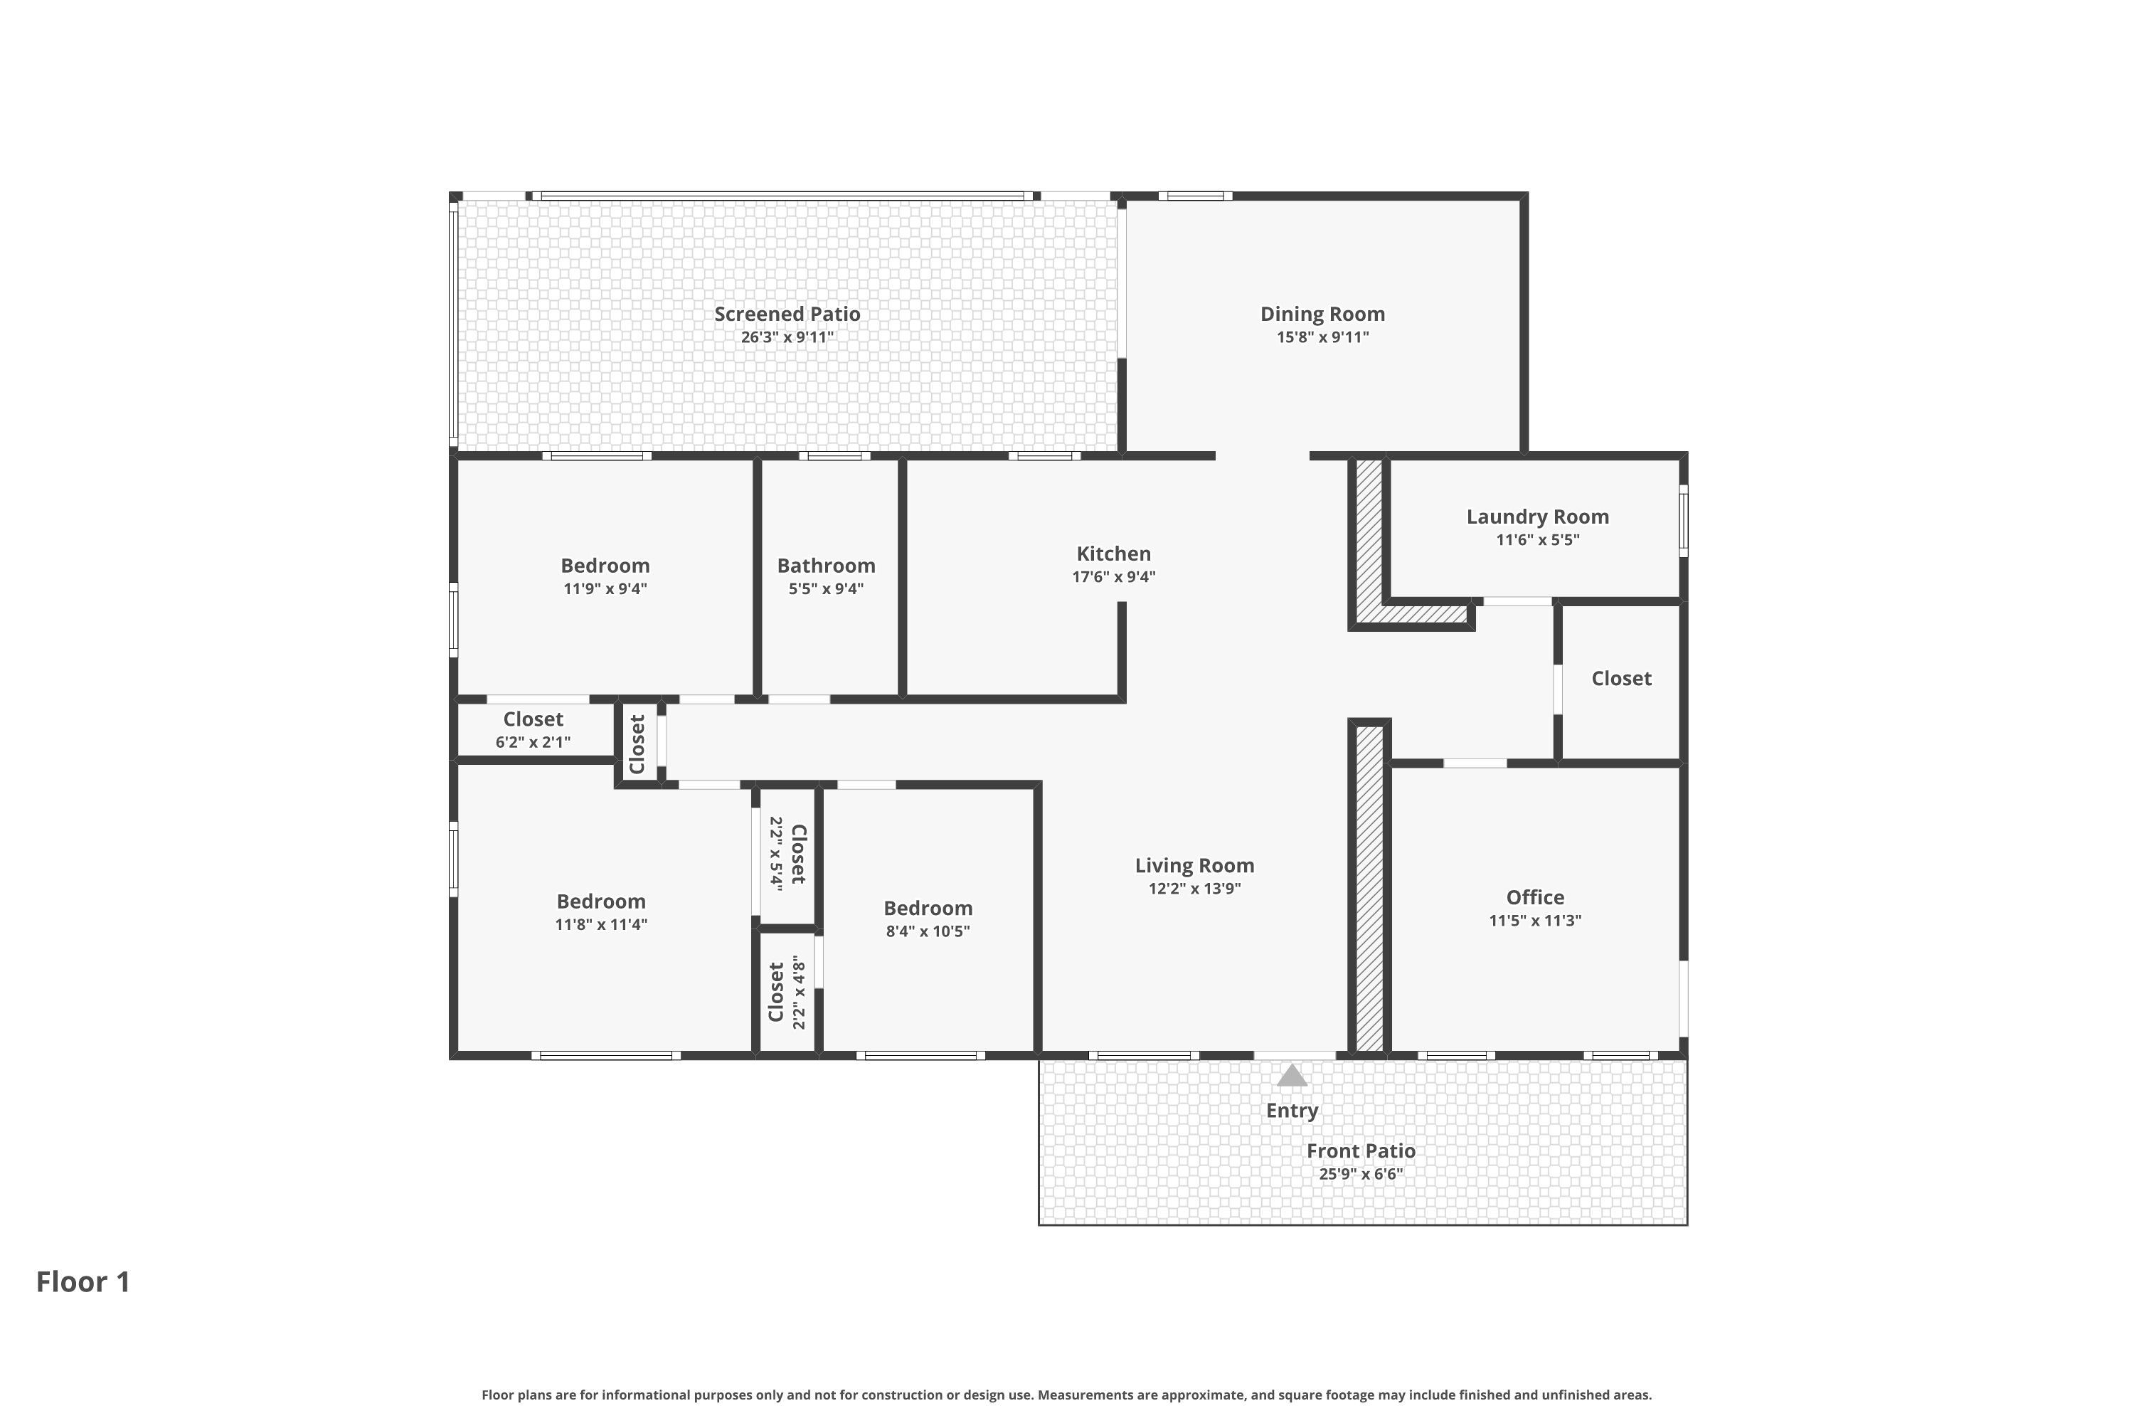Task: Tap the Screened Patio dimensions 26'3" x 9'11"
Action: tap(787, 337)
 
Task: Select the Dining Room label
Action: tap(1322, 314)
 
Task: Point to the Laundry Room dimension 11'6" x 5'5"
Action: tap(1537, 540)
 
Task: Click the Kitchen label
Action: tap(1113, 554)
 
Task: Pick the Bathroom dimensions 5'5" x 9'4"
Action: tap(826, 589)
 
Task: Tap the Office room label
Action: tap(1534, 897)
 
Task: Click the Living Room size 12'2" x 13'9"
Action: tap(1194, 889)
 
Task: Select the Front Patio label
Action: tap(1360, 1150)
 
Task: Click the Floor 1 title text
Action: tap(83, 1281)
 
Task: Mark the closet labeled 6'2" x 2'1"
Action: tap(533, 730)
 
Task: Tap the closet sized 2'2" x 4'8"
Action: tap(787, 992)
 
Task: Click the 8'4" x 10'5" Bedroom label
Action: tap(928, 909)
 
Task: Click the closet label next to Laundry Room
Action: tap(1620, 679)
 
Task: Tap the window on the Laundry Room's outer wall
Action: tap(1683, 520)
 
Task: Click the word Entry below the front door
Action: tap(1291, 1111)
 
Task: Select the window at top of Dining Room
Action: tap(1194, 196)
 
